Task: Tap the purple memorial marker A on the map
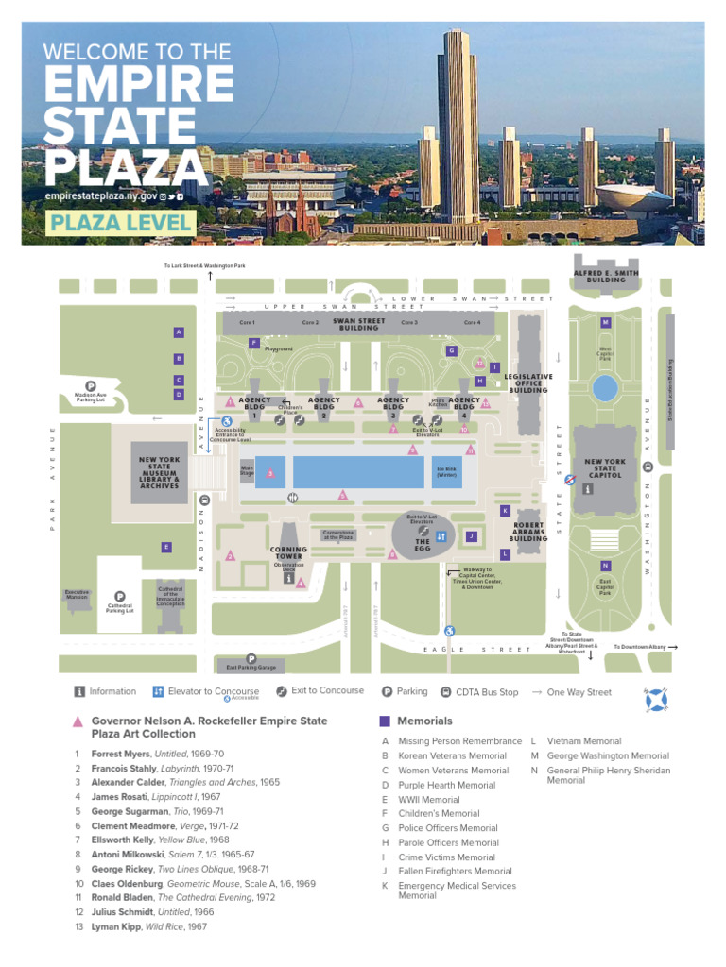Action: pyautogui.click(x=178, y=332)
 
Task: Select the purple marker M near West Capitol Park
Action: pyautogui.click(x=604, y=323)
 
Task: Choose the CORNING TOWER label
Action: pyautogui.click(x=288, y=552)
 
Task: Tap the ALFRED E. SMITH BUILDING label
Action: pyautogui.click(x=606, y=276)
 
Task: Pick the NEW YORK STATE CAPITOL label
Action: pyautogui.click(x=605, y=467)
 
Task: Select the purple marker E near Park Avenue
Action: pyautogui.click(x=165, y=547)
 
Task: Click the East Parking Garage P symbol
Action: pyautogui.click(x=251, y=658)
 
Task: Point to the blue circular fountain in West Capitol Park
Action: pyautogui.click(x=604, y=387)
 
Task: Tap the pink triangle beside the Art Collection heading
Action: pyautogui.click(x=78, y=721)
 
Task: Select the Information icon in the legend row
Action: pyautogui.click(x=79, y=691)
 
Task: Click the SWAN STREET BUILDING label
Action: pyautogui.click(x=359, y=324)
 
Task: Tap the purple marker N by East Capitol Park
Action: pyautogui.click(x=605, y=565)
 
